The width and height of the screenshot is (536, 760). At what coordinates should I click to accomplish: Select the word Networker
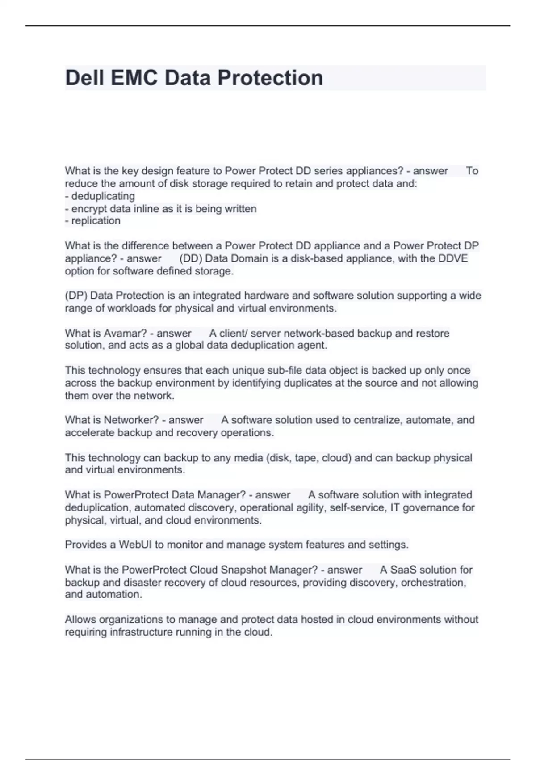click(131, 420)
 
